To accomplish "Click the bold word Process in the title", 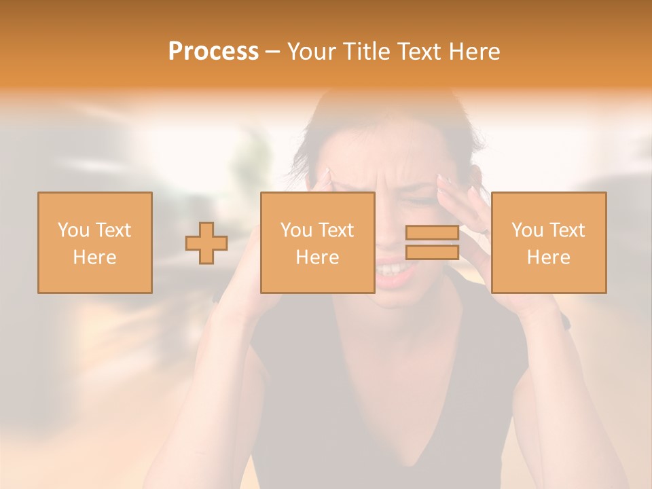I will pyautogui.click(x=213, y=52).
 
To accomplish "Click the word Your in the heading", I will pyautogui.click(x=309, y=52).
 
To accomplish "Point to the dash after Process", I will pyautogui.click(x=272, y=52).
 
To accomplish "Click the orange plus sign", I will pyautogui.click(x=206, y=243).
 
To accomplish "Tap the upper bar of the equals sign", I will pyautogui.click(x=432, y=233).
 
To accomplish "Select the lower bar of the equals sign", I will pyautogui.click(x=432, y=252).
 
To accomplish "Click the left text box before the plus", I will pyautogui.click(x=94, y=242).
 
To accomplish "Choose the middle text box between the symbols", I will pyautogui.click(x=317, y=242).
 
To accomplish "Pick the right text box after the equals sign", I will pyautogui.click(x=548, y=242).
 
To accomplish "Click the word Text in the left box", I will pyautogui.click(x=113, y=230).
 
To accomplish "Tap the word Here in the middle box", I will pyautogui.click(x=317, y=257).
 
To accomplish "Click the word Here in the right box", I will pyautogui.click(x=548, y=257).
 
